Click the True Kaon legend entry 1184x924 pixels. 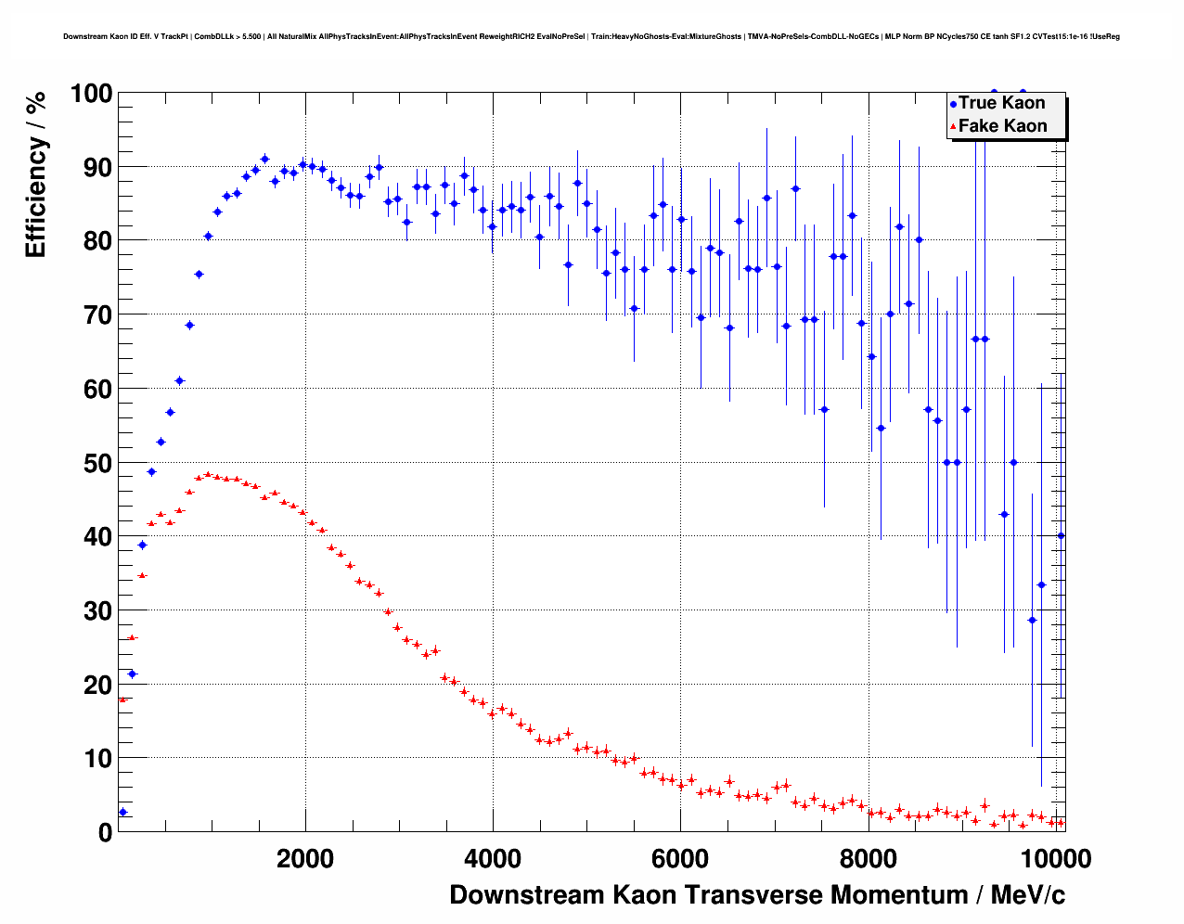pyautogui.click(x=1001, y=104)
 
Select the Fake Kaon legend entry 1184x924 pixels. pyautogui.click(x=1002, y=126)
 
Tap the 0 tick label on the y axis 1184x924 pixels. pyautogui.click(x=104, y=832)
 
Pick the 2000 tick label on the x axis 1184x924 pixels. pyautogui.click(x=305, y=859)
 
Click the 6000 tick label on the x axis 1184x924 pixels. pyautogui.click(x=680, y=859)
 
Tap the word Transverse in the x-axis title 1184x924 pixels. pyautogui.click(x=753, y=895)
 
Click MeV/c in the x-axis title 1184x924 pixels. pyautogui.click(x=1027, y=895)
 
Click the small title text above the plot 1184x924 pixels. pyautogui.click(x=591, y=36)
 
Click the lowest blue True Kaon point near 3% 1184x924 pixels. pyautogui.click(x=122, y=812)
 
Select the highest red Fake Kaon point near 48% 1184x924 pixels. pyautogui.click(x=207, y=474)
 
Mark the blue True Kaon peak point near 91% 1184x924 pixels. pyautogui.click(x=264, y=159)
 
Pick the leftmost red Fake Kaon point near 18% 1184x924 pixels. pyautogui.click(x=122, y=699)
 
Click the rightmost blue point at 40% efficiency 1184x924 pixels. pyautogui.click(x=1061, y=535)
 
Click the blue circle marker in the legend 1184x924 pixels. pyautogui.click(x=953, y=104)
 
